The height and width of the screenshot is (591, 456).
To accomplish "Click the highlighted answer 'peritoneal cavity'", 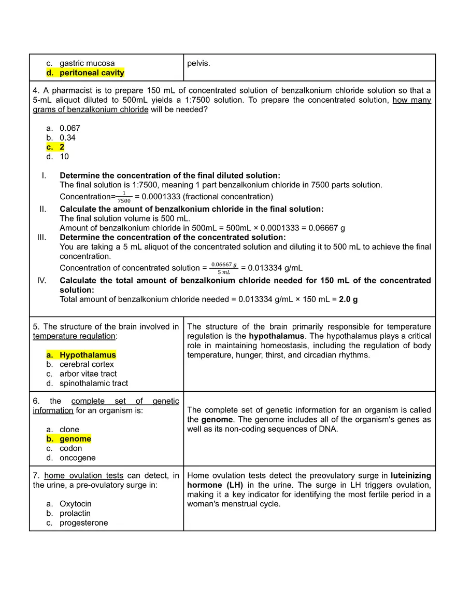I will (x=92, y=73).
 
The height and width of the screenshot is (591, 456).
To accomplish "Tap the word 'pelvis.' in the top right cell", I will (x=198, y=63).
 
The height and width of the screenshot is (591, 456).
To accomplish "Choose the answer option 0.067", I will (x=70, y=128).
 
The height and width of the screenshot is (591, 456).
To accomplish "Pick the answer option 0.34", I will (x=68, y=138).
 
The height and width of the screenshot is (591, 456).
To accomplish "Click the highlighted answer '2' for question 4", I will (x=62, y=147).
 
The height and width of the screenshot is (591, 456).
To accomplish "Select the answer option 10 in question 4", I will (x=64, y=156).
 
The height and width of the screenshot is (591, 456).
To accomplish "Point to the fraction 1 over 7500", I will (x=124, y=197).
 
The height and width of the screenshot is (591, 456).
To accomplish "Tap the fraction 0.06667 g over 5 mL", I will (x=224, y=268).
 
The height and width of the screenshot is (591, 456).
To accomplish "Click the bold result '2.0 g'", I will (x=348, y=299).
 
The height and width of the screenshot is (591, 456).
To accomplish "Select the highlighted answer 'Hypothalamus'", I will (x=88, y=355).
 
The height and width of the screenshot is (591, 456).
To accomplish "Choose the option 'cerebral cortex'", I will (x=87, y=364).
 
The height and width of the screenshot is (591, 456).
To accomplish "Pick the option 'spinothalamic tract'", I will (x=94, y=383).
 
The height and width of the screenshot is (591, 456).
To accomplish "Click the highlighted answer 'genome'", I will (x=75, y=439).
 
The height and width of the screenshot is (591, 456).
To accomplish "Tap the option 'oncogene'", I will (x=77, y=458).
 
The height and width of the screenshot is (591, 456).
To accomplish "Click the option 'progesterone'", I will (x=84, y=523).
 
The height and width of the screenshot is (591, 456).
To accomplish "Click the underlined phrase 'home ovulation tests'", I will (x=84, y=475).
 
